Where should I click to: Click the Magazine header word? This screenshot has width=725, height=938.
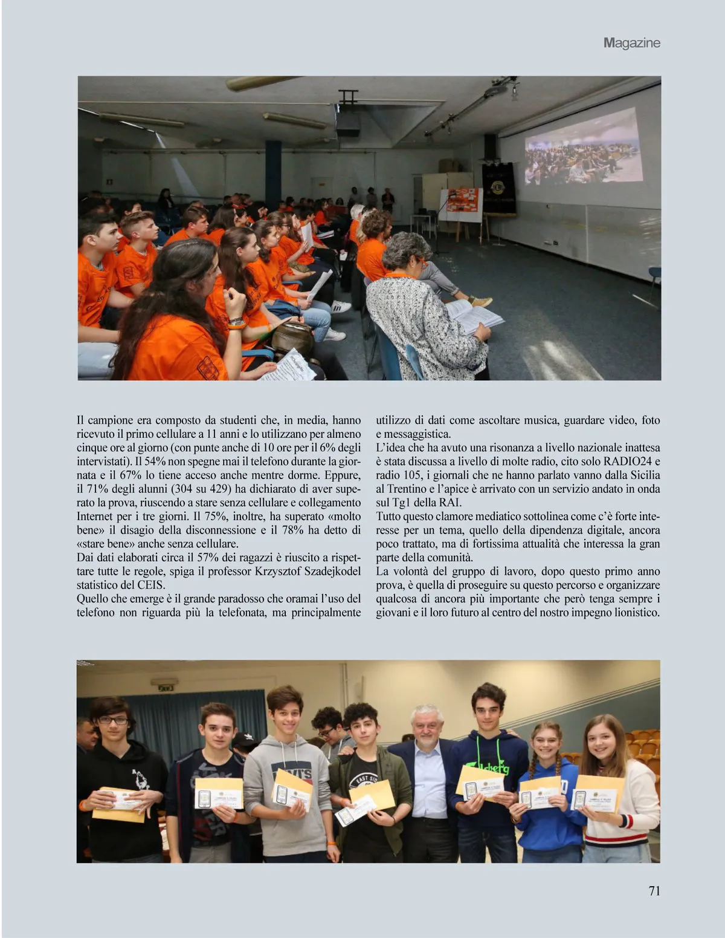pyautogui.click(x=631, y=43)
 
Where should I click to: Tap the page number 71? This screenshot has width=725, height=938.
pyautogui.click(x=654, y=891)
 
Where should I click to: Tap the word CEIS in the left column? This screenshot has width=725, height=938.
pyautogui.click(x=151, y=585)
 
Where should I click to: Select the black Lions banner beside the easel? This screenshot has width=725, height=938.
pyautogui.click(x=499, y=187)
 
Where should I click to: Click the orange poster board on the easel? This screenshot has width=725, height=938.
pyautogui.click(x=462, y=204)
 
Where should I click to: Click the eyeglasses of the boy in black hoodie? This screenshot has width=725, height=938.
pyautogui.click(x=113, y=720)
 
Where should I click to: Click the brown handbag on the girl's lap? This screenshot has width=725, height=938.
pyautogui.click(x=292, y=336)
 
